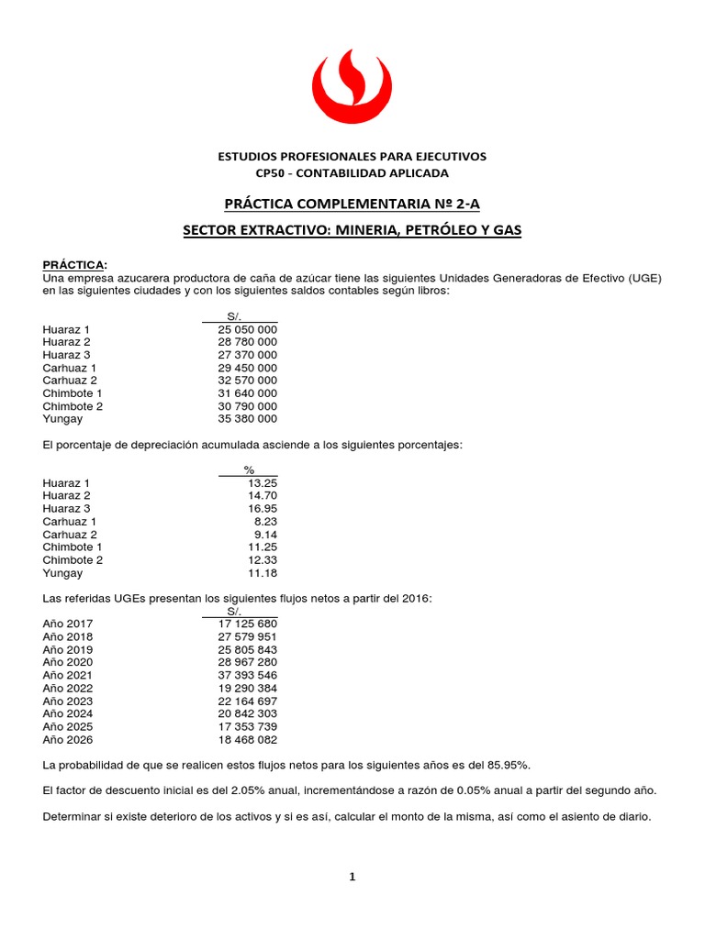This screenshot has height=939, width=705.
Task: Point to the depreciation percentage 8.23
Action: coord(264,522)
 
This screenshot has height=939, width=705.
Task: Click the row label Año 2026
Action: coord(67,739)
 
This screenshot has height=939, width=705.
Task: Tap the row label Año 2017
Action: coord(67,624)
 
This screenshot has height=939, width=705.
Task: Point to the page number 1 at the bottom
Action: coord(352,877)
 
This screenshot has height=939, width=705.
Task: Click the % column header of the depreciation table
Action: coord(248,469)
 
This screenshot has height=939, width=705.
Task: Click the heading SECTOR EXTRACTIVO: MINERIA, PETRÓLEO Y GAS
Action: coord(352,231)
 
